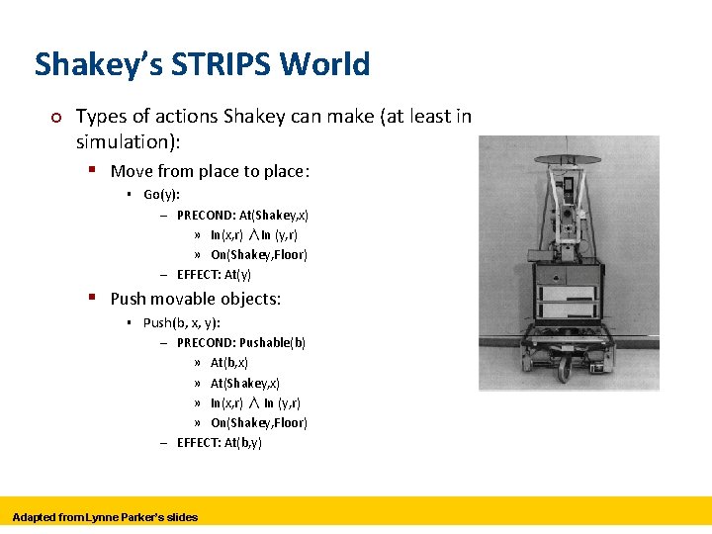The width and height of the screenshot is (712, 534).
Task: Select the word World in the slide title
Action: coord(324,64)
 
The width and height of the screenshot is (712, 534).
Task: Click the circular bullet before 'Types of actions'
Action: coord(56,118)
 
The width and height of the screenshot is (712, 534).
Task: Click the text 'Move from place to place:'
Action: coord(210,171)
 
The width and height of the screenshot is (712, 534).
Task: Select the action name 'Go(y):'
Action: coord(161,195)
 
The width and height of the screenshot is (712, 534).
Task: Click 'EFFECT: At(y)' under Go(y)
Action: coord(214,275)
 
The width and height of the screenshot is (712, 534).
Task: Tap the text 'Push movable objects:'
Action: coord(195,299)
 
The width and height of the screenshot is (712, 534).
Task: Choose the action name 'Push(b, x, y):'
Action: coord(181,322)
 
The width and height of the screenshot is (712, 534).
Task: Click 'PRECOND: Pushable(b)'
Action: coord(240,343)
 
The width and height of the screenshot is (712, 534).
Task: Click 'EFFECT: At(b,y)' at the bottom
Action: coord(219,443)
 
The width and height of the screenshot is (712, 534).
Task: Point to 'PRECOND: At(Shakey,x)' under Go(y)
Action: coord(242,215)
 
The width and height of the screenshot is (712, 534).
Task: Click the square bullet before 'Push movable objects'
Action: coord(91,297)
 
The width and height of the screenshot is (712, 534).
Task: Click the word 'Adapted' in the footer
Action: coord(35,517)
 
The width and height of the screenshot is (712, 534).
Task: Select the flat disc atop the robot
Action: coord(568,159)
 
